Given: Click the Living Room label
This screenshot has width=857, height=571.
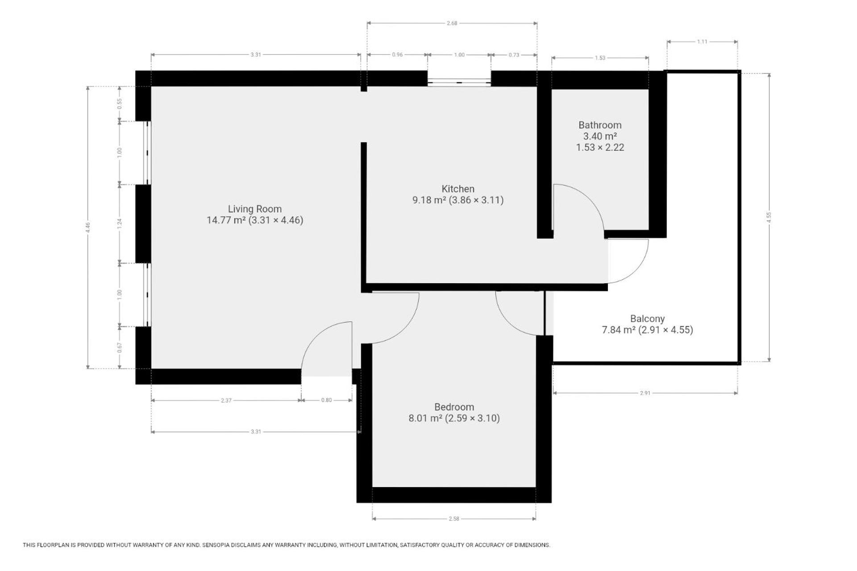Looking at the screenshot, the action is [x=254, y=209].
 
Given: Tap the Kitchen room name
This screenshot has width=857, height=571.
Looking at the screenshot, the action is [x=458, y=189].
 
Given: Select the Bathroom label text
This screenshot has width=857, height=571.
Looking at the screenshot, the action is [x=600, y=125].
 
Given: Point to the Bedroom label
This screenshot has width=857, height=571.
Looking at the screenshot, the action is [x=454, y=407].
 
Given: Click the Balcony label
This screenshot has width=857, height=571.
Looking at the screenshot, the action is [x=647, y=319].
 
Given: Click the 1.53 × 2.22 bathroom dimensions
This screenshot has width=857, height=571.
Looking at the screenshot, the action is [x=600, y=147].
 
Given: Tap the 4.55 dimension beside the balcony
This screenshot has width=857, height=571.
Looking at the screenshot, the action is [x=769, y=217].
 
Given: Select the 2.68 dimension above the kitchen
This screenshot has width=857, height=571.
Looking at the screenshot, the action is [x=452, y=23].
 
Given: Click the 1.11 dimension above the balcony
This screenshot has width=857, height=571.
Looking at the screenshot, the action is [x=702, y=42].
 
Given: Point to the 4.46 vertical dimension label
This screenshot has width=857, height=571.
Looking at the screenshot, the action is [x=88, y=228].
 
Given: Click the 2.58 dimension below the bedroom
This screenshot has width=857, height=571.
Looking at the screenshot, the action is [x=454, y=519].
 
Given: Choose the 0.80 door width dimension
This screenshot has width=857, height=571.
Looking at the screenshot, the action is [x=326, y=400].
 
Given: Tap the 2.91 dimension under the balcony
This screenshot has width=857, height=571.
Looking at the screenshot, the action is [x=645, y=393].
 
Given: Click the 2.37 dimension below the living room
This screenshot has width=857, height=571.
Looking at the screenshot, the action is [x=226, y=401].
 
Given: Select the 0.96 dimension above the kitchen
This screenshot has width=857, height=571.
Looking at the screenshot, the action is [x=397, y=55].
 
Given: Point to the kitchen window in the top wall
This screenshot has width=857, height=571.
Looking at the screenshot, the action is [x=459, y=82].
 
